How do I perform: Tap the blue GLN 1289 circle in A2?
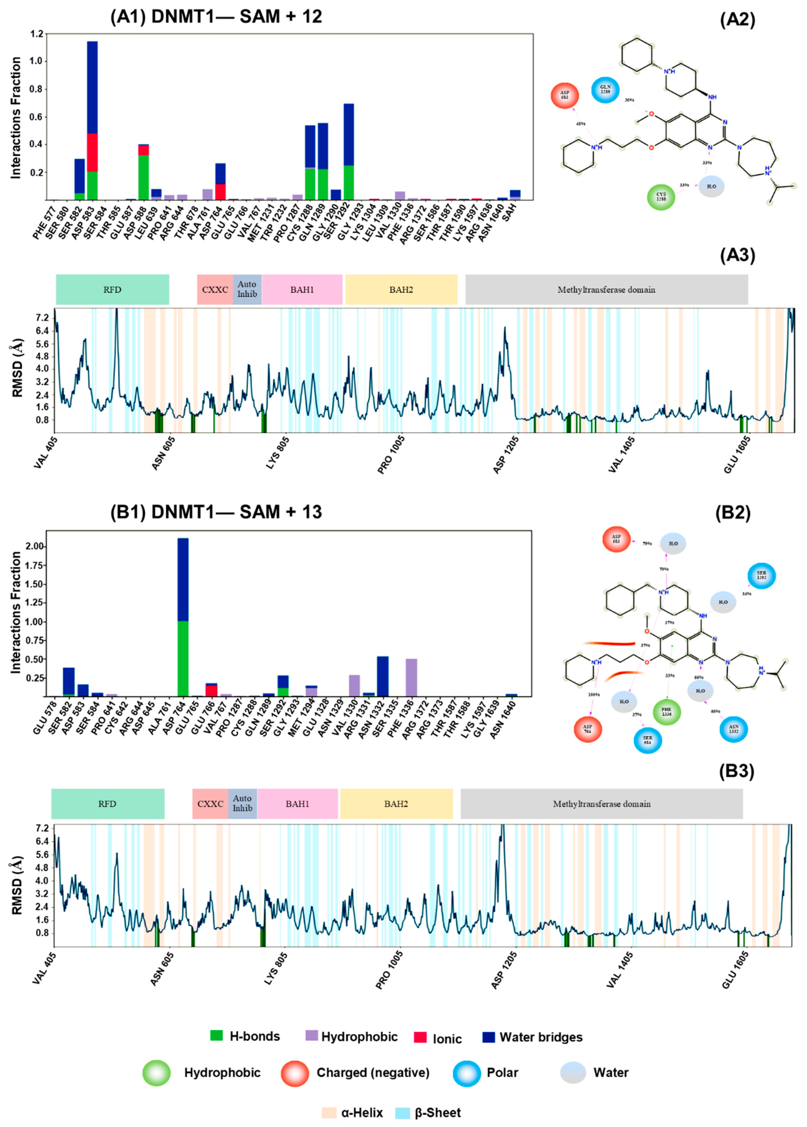pyautogui.click(x=605, y=90)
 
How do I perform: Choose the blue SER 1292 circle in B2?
pyautogui.click(x=761, y=576)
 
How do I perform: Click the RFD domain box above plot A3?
pyautogui.click(x=112, y=290)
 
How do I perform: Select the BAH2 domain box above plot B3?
pyautogui.click(x=396, y=803)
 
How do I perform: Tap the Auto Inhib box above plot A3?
pyautogui.click(x=247, y=290)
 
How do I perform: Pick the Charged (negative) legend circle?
pyautogui.click(x=295, y=1073)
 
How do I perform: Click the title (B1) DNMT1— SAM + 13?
pyautogui.click(x=216, y=512)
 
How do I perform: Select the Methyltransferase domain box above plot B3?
pyautogui.click(x=601, y=803)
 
